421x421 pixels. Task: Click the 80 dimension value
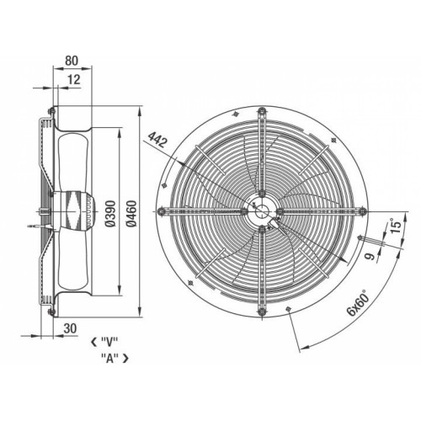point(72,61)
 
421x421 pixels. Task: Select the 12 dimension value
point(74,79)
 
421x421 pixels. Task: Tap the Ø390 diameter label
point(110,213)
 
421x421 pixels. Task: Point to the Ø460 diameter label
point(131,213)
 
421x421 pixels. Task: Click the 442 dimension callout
point(157,140)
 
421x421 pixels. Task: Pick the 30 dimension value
point(70,328)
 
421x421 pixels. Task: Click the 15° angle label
point(396,227)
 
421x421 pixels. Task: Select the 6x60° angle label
point(359,305)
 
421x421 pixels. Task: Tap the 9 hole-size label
point(370,256)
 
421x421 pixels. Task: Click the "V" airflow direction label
point(109,342)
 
